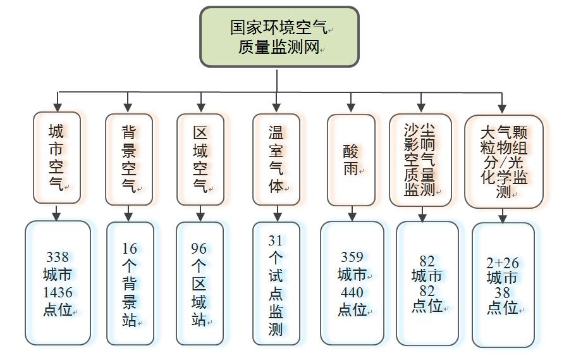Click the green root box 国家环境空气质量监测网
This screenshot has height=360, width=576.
279,37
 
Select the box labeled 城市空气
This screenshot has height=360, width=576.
57,158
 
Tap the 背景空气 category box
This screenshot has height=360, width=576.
129,159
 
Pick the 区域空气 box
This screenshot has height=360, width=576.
200,159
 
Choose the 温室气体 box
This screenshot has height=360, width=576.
276,159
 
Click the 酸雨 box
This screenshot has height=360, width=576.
352,159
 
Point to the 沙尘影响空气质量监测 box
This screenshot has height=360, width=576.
420,160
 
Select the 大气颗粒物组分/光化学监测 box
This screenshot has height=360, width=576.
503,161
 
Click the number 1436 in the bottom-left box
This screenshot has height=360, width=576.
58,292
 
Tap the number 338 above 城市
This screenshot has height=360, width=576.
58,258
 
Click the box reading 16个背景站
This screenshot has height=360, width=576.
130,283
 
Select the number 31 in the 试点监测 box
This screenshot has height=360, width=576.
276,240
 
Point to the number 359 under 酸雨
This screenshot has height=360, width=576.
352,257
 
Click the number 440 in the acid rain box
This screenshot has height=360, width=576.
352,292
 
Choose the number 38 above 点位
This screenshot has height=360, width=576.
503,292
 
